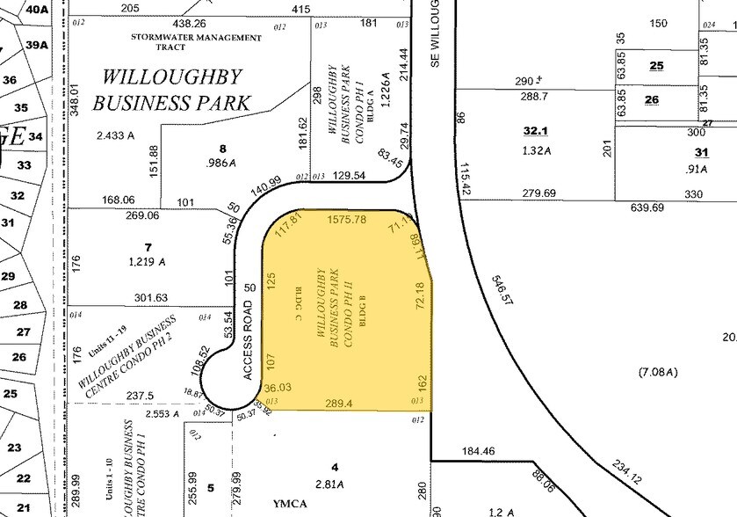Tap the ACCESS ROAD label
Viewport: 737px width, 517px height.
249,339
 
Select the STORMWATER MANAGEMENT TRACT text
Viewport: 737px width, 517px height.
196,43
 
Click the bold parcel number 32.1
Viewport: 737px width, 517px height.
536,131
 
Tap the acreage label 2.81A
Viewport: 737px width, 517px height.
333,482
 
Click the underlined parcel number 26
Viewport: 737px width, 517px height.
651,99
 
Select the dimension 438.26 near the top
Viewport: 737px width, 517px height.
190,24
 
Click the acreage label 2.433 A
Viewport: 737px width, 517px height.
118,137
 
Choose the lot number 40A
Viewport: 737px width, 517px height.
37,10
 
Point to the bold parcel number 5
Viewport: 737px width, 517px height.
210,487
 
